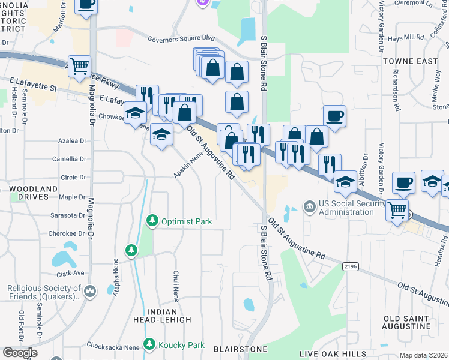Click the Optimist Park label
(185, 221)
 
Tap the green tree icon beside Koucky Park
(149, 345)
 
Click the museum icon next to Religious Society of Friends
(90, 292)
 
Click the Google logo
(20, 353)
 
